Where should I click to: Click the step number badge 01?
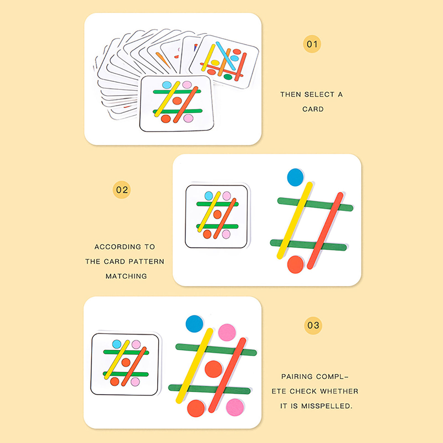tap(312, 44)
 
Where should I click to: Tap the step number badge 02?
tap(122, 190)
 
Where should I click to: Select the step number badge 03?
tap(313, 325)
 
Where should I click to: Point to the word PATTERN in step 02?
tap(146, 261)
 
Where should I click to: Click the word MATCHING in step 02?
tap(126, 276)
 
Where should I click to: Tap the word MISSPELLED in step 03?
tap(327, 406)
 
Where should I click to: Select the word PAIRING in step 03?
tap(297, 377)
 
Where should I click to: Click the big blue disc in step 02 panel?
tap(295, 177)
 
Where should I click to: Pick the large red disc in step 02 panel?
tap(295, 264)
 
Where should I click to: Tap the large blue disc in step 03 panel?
tap(194, 324)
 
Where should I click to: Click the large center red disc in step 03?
tap(213, 369)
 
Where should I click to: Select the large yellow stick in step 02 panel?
tap(295, 220)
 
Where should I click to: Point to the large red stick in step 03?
tap(227, 375)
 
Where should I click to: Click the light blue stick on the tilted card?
tap(226, 56)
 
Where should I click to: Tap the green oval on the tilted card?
tap(228, 77)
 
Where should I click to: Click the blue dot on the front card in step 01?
tap(167, 85)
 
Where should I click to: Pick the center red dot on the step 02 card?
tap(217, 214)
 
